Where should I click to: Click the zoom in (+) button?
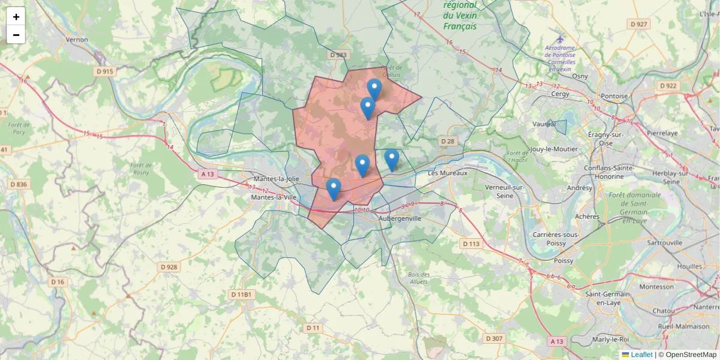16,17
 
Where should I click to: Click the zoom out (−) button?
16,35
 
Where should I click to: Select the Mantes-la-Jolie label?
278,179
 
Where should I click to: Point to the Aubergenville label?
400,218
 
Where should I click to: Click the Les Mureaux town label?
447,173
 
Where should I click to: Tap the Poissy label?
564,261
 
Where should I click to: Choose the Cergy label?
560,94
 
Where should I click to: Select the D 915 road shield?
104,71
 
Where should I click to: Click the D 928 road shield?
170,266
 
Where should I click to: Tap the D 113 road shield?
471,244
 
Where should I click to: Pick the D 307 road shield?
494,338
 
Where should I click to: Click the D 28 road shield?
448,141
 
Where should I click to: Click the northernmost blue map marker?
374,90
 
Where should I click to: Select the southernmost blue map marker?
334,189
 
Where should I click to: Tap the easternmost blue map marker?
392,160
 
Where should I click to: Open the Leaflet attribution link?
641,355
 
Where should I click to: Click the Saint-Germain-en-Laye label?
608,298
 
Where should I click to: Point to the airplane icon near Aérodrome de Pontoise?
560,39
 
